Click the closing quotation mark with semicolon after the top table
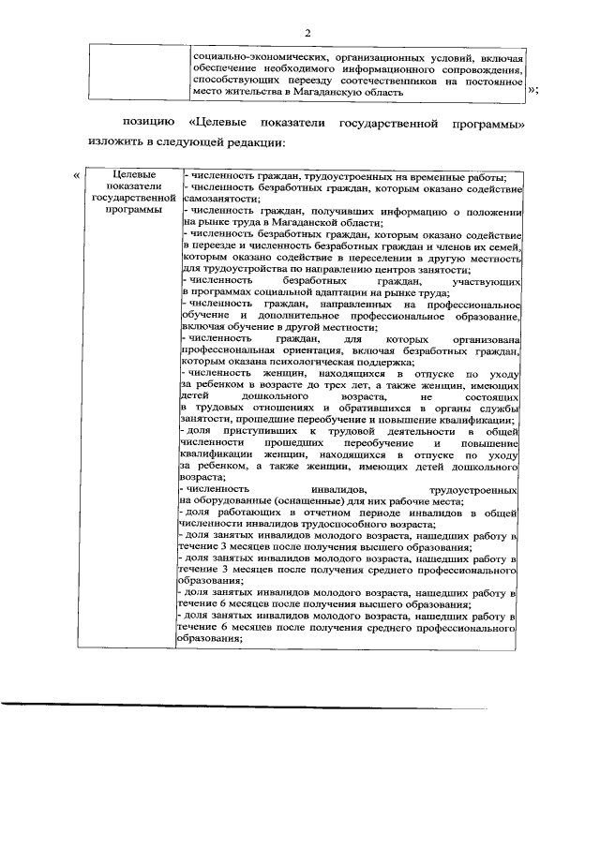click(533, 90)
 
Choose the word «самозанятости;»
click(217, 200)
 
